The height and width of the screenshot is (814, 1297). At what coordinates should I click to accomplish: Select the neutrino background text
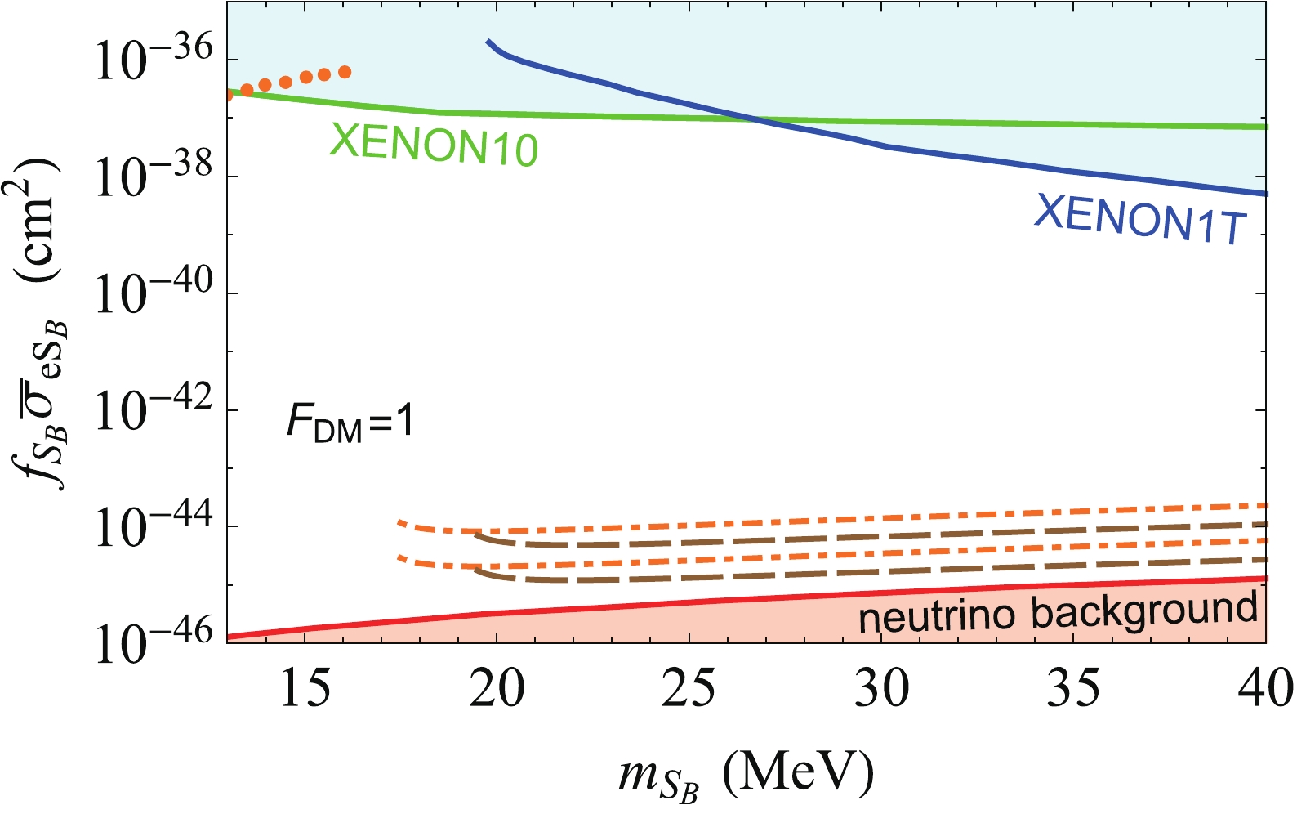click(1058, 613)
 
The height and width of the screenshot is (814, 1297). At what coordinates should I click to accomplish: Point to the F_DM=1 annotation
click(350, 425)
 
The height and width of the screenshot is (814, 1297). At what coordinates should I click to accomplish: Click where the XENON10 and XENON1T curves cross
click(756, 121)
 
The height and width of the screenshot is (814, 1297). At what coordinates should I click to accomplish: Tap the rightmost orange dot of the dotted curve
click(345, 72)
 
